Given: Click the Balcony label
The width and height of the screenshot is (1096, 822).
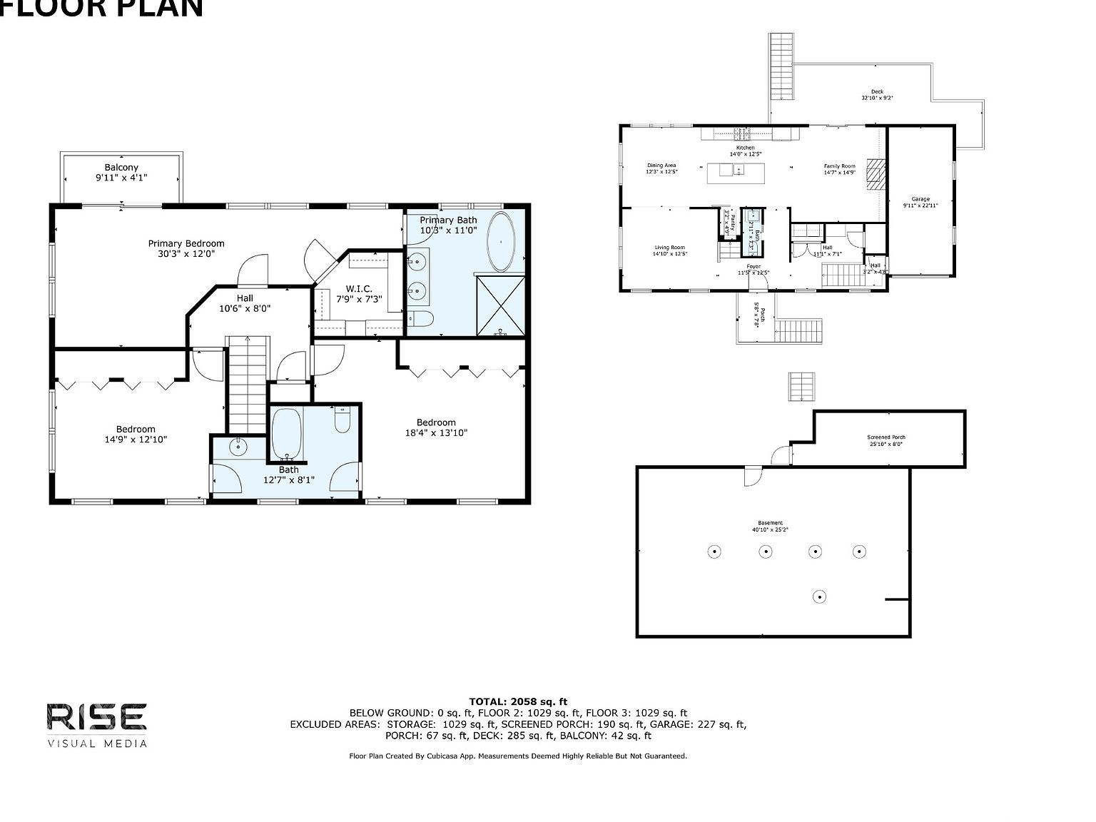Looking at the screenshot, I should (121, 168).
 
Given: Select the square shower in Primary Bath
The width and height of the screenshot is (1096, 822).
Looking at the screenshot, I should (501, 305).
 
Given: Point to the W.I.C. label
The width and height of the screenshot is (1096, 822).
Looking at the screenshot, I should (359, 289).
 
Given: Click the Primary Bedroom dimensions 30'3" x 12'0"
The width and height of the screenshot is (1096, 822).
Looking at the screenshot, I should (186, 253).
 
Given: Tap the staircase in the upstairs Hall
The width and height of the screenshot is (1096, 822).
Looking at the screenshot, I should (248, 385).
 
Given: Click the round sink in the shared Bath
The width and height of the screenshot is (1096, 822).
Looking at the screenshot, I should (238, 447).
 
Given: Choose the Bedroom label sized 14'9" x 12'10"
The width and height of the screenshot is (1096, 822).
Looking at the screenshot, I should (136, 430).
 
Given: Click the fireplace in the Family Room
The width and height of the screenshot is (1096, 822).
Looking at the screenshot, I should (876, 174).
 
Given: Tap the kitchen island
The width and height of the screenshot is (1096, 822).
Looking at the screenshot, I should (736, 173).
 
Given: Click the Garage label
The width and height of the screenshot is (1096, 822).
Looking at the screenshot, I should (920, 200).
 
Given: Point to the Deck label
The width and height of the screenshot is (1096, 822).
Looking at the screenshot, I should (877, 92).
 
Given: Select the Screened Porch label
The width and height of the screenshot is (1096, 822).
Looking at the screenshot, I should (886, 437).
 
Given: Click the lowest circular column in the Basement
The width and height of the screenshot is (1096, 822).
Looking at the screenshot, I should (821, 597).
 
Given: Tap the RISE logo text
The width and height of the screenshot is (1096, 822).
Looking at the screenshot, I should (97, 717).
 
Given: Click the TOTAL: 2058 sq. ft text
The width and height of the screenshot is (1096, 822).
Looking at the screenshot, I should (518, 702).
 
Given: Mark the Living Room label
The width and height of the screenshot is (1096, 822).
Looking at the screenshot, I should (669, 248).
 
